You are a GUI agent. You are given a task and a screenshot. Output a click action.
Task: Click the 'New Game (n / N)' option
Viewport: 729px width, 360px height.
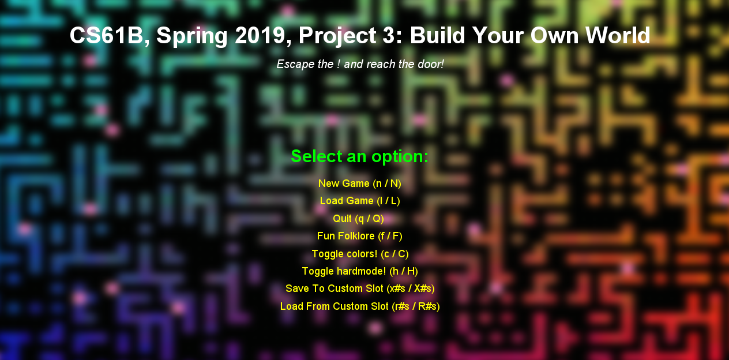[360, 183]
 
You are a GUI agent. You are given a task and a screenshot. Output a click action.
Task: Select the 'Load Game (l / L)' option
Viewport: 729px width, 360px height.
[360, 201]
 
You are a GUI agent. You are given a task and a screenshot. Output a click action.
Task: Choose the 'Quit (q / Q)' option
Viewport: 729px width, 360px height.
[358, 219]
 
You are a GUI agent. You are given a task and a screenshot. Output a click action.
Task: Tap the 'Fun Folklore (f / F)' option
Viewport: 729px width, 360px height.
[360, 236]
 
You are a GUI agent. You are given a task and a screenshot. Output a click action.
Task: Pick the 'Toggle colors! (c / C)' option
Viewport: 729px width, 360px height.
[360, 254]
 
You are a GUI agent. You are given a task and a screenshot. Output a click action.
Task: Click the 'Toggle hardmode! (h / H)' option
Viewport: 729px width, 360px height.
[360, 271]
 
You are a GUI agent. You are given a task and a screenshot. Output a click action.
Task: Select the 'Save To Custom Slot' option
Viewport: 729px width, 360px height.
[360, 288]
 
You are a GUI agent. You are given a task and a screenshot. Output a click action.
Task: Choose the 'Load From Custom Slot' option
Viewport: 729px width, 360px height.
[360, 306]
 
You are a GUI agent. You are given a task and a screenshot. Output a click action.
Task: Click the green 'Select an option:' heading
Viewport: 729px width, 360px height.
[360, 156]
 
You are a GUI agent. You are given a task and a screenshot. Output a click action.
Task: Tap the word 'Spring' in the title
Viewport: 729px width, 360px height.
[191, 36]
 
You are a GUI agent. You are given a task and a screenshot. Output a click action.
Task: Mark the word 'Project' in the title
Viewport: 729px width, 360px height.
[337, 36]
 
